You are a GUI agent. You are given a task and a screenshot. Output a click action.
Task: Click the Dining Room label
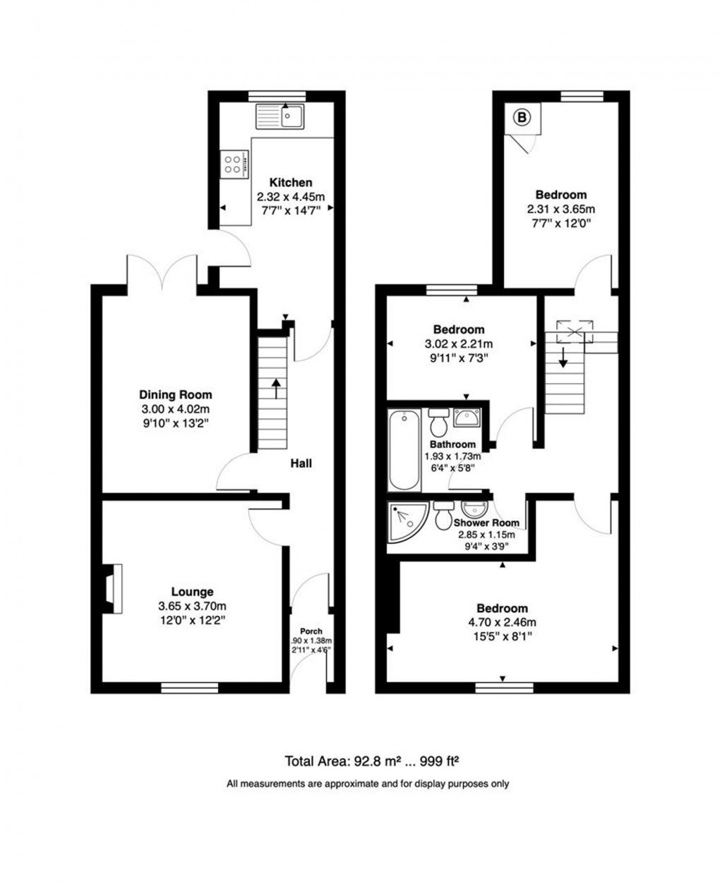pos(175,395)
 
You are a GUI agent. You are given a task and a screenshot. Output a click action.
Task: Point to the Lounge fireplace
pos(113,589)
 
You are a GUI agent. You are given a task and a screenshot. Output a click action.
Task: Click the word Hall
pos(301,464)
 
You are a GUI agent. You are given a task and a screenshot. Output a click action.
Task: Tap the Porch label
pos(311,631)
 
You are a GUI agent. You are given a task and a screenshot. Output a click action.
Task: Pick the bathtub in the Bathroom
pos(405,451)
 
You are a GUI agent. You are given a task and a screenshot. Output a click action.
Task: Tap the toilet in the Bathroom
pos(437,423)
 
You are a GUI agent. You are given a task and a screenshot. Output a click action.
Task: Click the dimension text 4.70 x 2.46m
pos(502,622)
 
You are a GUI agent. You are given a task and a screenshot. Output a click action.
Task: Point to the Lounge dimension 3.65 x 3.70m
pos(192,606)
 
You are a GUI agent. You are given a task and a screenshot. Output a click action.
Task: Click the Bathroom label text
pos(452,444)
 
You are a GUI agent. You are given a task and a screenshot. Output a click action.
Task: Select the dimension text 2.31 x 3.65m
pos(560,210)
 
